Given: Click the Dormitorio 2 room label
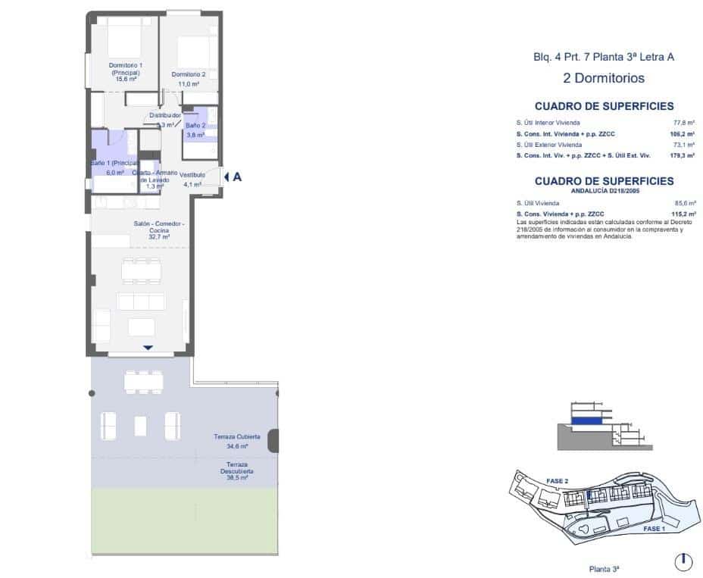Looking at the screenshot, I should [188, 74].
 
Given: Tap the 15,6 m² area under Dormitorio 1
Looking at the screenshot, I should [126, 79].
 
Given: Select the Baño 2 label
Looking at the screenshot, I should [195, 125].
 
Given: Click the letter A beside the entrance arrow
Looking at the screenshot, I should [237, 177].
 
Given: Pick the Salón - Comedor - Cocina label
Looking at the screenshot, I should [159, 228].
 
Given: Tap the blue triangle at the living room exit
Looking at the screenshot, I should [148, 347].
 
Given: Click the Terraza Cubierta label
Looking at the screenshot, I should [237, 437].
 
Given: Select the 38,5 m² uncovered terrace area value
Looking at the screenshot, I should [238, 478].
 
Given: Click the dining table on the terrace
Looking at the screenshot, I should [144, 380].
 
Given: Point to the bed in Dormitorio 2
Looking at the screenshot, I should [192, 51].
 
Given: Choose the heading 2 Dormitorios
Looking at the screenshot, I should [604, 77].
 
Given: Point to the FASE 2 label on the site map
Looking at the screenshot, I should [557, 480].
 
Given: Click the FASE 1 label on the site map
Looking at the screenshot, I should [654, 529].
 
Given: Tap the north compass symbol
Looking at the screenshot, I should [683, 561].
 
